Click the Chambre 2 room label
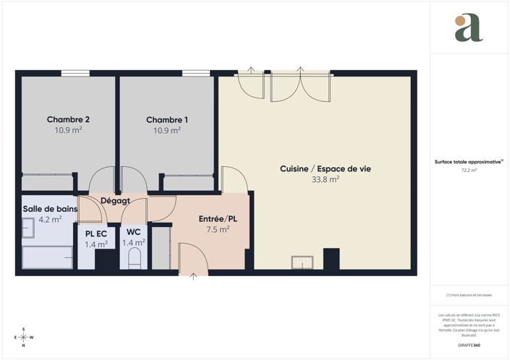click(68, 119)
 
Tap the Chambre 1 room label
click(167, 119)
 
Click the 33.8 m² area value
click(325, 180)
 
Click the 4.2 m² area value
click(50, 219)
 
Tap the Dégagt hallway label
click(115, 201)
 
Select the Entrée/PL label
click(218, 218)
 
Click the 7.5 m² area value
click(218, 229)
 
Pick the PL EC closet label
click(96, 233)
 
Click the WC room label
click(133, 232)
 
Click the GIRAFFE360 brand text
click(469, 338)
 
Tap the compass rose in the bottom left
click(24, 337)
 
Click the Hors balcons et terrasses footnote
click(469, 295)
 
